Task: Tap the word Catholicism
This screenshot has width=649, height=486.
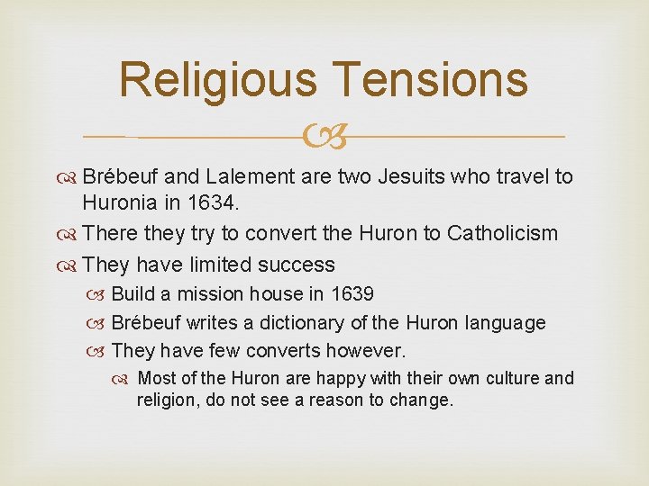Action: coord(495,234)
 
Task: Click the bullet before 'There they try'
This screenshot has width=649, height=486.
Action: coord(69,235)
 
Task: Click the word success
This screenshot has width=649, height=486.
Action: coord(297,265)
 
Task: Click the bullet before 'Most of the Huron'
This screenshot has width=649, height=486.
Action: coord(127,379)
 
